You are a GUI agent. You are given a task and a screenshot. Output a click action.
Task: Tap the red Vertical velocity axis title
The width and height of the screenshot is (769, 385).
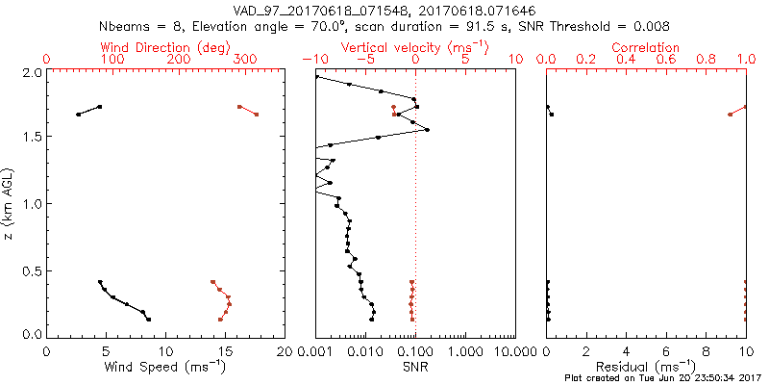(414, 47)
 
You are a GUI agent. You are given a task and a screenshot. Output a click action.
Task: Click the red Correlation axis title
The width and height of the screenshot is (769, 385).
(646, 47)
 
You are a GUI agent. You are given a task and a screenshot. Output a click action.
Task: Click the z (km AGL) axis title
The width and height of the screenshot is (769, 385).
(10, 203)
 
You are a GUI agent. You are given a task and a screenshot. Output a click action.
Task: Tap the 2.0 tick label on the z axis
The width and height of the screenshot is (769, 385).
(32, 72)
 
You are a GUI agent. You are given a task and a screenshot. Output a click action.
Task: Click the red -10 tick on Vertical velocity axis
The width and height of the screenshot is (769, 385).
(312, 60)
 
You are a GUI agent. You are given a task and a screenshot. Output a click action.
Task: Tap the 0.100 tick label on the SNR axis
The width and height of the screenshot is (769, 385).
(415, 349)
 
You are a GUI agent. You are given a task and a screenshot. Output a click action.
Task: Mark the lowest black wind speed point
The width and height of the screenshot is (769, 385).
(149, 320)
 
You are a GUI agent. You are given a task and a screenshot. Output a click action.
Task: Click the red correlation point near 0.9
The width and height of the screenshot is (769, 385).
(730, 115)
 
